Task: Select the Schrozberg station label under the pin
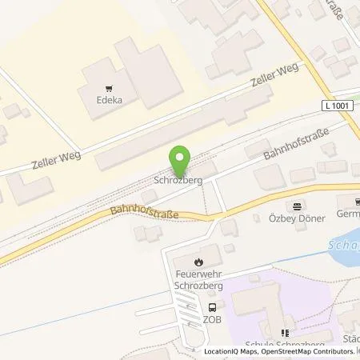tap(178, 181)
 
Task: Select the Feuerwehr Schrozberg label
tap(199, 280)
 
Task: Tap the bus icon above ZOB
tap(212, 307)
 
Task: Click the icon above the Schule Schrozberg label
tap(283, 333)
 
